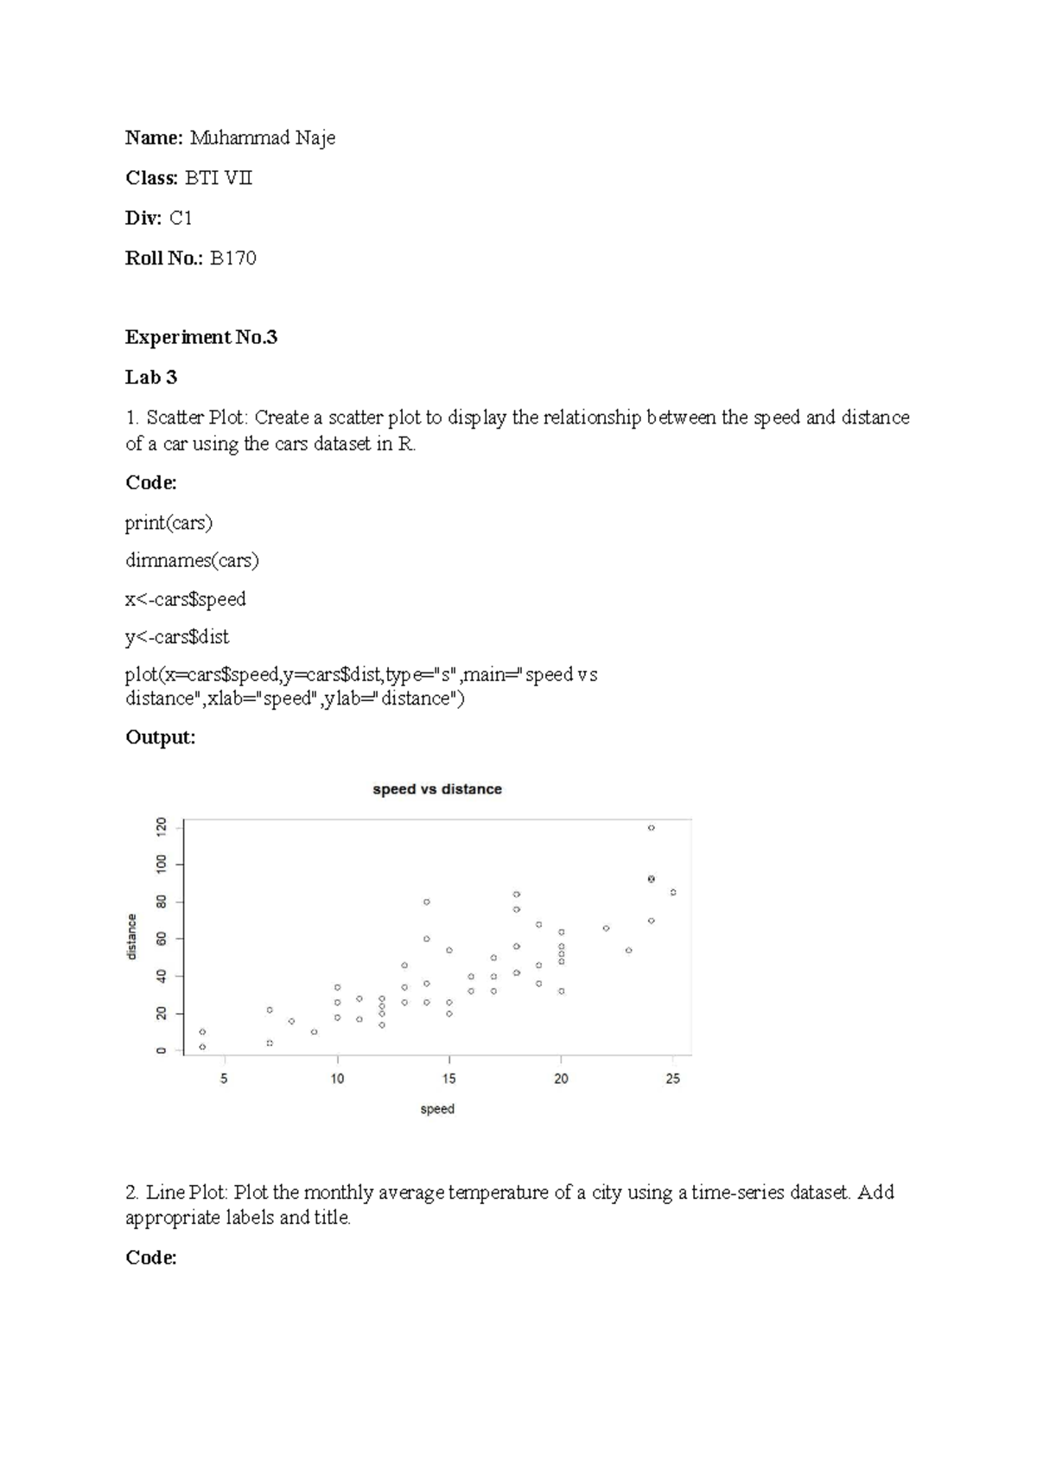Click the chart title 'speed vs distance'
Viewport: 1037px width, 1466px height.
tap(436, 789)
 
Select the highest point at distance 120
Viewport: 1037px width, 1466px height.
tap(651, 828)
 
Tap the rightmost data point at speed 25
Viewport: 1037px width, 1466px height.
tap(673, 892)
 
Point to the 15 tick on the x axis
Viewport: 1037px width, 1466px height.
tap(449, 1078)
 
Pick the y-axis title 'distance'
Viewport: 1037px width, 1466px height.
tap(132, 937)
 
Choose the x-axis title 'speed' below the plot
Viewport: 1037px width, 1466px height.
tap(436, 1109)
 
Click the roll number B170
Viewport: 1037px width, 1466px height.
tap(233, 258)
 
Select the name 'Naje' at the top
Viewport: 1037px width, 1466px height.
tap(315, 138)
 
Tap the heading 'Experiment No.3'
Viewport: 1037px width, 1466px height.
tap(200, 337)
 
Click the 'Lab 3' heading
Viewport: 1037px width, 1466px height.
tap(151, 377)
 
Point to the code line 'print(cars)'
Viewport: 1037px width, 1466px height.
tap(169, 523)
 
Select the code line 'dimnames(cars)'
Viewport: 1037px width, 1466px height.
tap(192, 561)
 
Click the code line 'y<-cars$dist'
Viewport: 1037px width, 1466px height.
tap(177, 637)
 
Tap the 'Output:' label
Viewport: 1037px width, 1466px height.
tap(160, 737)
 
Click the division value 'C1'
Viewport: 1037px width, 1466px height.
tap(181, 218)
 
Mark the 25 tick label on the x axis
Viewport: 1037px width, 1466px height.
tap(673, 1078)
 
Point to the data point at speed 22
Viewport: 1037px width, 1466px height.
tap(606, 928)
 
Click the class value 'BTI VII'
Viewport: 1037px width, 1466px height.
tap(219, 178)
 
